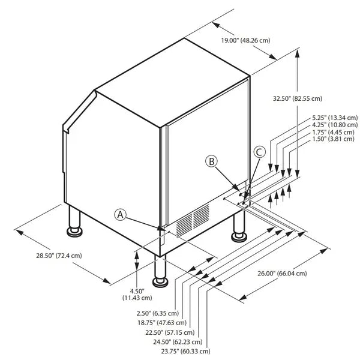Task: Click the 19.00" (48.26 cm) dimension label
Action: coord(245,40)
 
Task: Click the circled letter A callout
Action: coord(121,214)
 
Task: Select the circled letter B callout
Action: coord(211,161)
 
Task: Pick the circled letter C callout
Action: coord(259,152)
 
